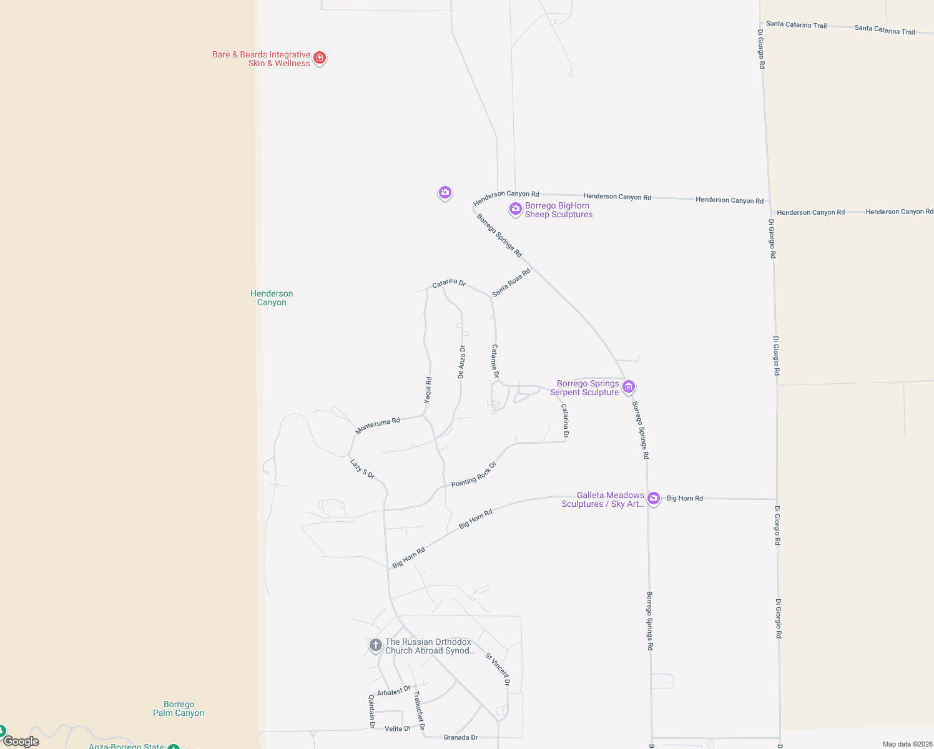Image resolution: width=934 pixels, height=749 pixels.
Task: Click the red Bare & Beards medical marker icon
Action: coord(320,58)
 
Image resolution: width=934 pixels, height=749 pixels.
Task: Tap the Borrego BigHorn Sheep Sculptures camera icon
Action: coord(516,209)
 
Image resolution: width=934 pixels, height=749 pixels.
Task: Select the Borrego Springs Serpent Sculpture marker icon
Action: coord(629,387)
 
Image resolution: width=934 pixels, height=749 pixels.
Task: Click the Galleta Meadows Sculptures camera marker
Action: coord(654,498)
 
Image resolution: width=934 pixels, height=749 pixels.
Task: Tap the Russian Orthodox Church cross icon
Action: coord(375,645)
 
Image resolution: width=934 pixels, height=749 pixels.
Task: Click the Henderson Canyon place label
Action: coord(272,298)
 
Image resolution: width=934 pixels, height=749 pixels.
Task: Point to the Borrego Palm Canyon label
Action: coord(179,708)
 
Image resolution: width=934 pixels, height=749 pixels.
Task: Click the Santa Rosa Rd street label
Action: coord(511,282)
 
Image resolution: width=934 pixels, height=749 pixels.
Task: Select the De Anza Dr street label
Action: coord(461,362)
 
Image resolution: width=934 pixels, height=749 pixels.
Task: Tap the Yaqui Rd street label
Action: coord(428,390)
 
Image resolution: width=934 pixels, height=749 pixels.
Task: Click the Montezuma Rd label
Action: coord(378,426)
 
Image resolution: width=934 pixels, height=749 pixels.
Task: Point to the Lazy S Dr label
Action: coord(362,469)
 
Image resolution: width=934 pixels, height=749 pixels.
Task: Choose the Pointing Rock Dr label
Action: coord(474,474)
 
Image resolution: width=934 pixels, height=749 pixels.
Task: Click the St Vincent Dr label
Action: coord(498,669)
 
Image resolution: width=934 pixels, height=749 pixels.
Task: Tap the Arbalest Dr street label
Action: coord(393,691)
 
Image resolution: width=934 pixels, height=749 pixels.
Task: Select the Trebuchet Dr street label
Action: coord(419,710)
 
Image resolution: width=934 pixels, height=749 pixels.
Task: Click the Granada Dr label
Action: coord(461,737)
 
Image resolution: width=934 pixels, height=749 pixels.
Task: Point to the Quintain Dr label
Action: coord(372,711)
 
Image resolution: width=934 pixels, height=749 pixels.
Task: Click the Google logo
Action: coord(21,742)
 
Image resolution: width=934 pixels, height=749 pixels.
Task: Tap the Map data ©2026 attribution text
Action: coord(907,744)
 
